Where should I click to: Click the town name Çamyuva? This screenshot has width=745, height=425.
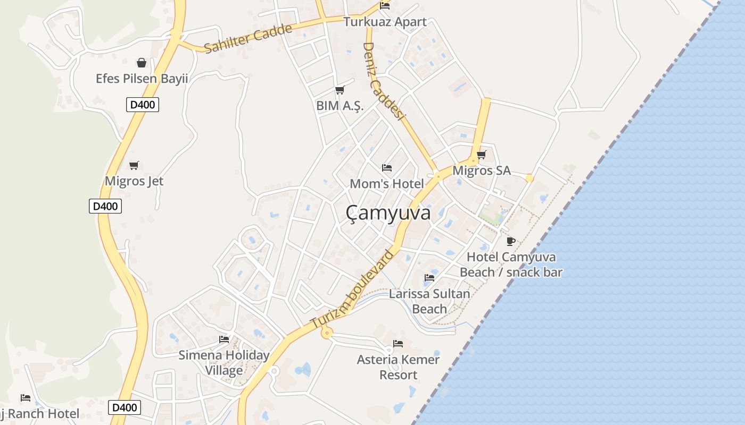click(388, 213)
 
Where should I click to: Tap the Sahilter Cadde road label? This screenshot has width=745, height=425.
click(248, 38)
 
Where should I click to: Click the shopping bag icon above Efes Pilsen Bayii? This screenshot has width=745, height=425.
click(142, 63)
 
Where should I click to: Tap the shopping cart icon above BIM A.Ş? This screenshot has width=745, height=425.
click(340, 90)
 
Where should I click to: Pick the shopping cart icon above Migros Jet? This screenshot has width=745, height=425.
click(134, 165)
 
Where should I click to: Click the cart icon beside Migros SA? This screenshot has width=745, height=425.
click(481, 155)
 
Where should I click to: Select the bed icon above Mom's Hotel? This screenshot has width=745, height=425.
click(387, 168)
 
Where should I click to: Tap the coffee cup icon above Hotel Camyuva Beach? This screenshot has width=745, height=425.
click(511, 242)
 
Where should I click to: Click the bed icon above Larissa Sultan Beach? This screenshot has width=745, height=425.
click(429, 277)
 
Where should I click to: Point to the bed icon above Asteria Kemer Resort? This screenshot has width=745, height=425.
click(398, 343)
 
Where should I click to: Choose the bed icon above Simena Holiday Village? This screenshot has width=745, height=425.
click(223, 339)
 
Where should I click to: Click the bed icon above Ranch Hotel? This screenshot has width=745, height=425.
click(25, 397)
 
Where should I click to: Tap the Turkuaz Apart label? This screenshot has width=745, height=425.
click(385, 22)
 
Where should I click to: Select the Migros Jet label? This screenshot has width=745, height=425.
click(134, 181)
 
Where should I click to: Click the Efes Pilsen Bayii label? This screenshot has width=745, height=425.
click(142, 79)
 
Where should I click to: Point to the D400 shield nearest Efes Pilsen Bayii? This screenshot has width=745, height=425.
click(143, 105)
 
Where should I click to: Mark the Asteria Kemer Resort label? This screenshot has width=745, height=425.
click(398, 367)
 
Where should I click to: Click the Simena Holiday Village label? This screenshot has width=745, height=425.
click(223, 362)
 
